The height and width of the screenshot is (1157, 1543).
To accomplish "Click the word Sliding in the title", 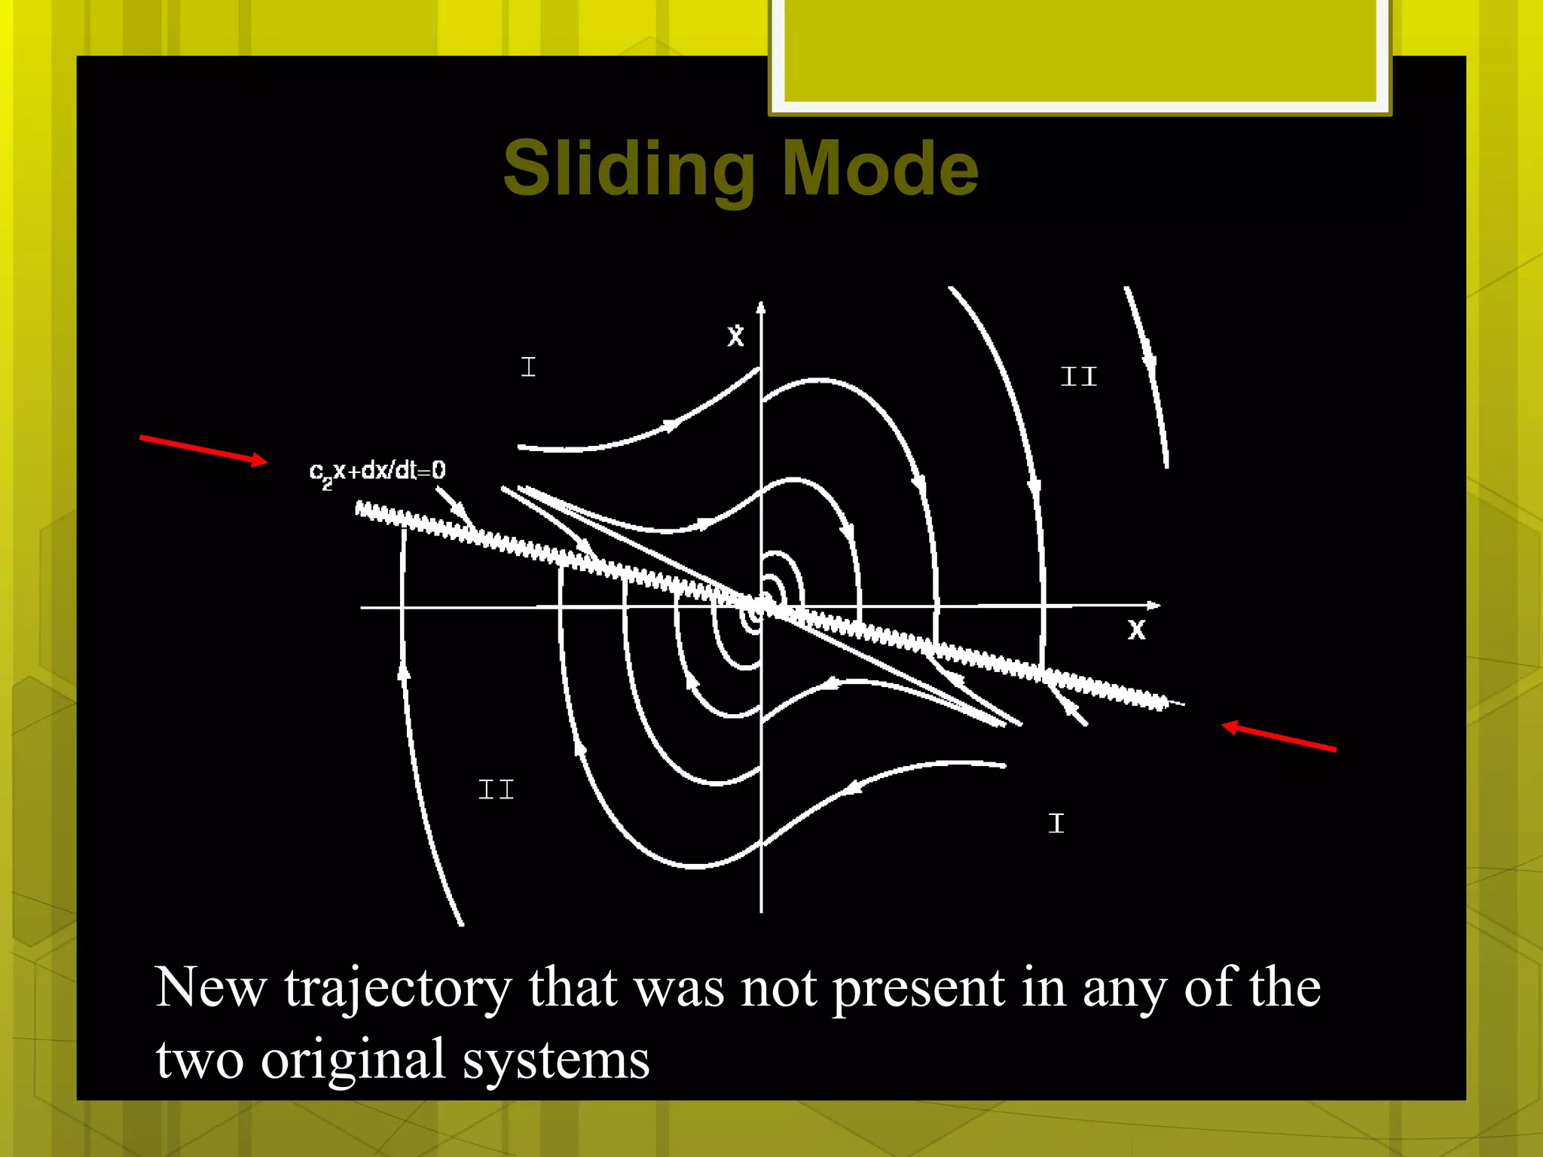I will [x=628, y=169].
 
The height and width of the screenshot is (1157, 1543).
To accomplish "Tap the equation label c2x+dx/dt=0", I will [x=377, y=472].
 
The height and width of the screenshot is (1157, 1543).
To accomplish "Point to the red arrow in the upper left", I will [x=203, y=449].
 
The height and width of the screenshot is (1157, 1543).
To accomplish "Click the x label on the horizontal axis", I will [x=1136, y=630].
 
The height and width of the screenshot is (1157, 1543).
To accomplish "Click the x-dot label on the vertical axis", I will [x=735, y=335].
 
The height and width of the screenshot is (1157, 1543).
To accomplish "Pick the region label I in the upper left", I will [x=528, y=368].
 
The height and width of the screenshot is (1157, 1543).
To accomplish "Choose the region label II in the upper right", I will [x=1078, y=377].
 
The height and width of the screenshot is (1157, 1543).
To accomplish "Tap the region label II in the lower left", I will [x=496, y=790].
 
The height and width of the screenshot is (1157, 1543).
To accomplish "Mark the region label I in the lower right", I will [x=1056, y=823].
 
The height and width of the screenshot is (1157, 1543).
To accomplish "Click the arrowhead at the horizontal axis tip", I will [x=1153, y=606].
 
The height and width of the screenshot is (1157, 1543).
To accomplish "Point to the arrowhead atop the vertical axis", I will [x=761, y=307].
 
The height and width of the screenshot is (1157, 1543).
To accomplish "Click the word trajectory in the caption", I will [x=398, y=989].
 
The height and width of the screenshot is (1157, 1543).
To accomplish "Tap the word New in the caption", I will [x=211, y=988].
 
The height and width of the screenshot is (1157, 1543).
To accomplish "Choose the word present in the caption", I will [x=918, y=989].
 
